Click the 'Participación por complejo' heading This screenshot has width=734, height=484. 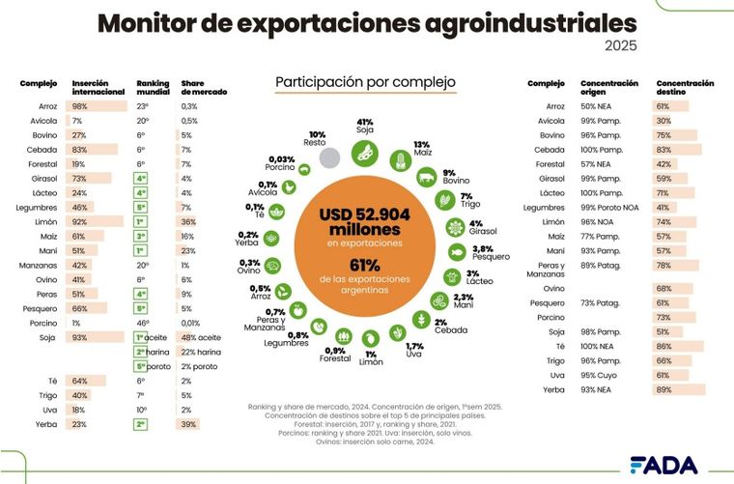(x=365, y=83)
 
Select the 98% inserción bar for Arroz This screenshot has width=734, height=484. (x=94, y=106)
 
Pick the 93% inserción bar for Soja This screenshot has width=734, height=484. (x=93, y=337)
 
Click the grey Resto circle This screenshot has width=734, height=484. (x=331, y=157)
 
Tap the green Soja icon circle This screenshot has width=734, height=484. (x=365, y=151)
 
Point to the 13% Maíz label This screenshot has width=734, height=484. (x=421, y=148)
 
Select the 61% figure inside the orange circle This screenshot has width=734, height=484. (x=364, y=266)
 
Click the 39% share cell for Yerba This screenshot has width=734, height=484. (x=189, y=424)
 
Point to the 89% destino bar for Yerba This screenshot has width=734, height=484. (x=680, y=389)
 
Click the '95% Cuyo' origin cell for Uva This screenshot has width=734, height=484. (x=599, y=374)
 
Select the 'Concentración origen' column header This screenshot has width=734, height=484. (x=609, y=88)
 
